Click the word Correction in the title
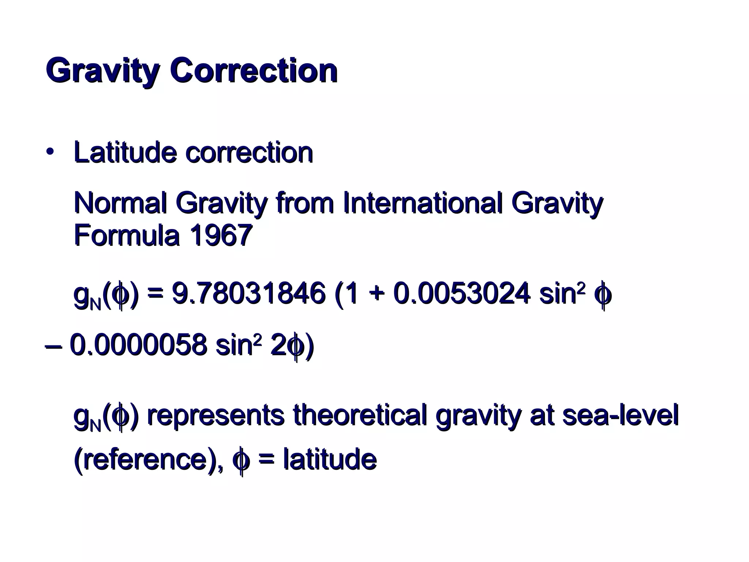click(x=253, y=70)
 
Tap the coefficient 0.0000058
click(x=138, y=345)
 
